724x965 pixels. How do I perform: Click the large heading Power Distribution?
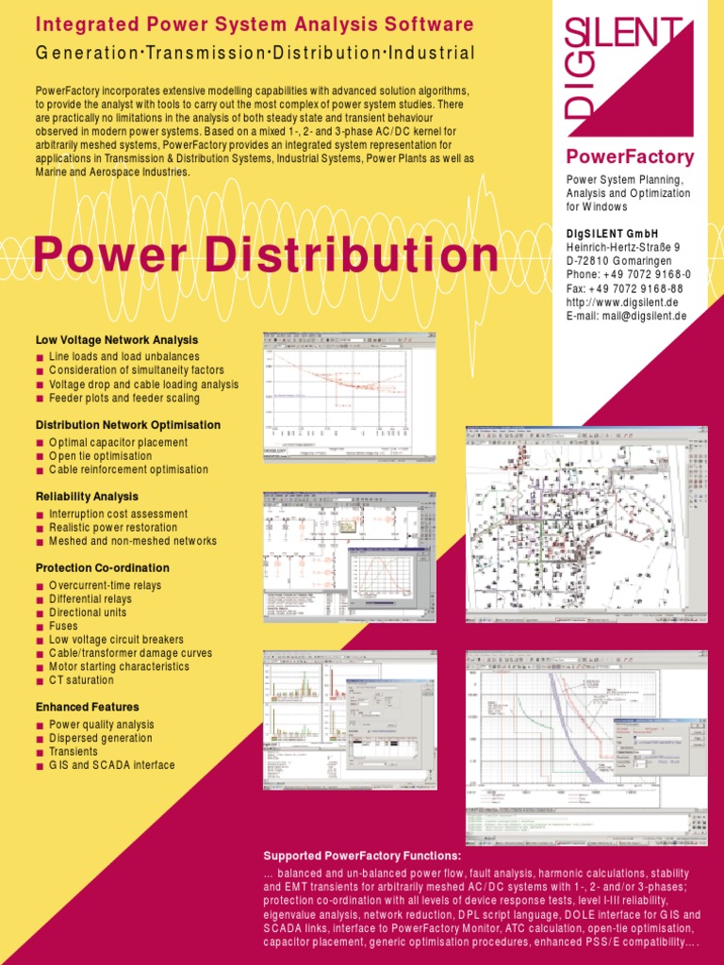(267, 256)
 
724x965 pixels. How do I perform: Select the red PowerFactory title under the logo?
(630, 156)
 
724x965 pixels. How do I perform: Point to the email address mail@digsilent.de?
(626, 316)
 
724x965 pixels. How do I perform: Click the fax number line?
(624, 288)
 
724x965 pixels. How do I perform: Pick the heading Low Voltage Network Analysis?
(117, 339)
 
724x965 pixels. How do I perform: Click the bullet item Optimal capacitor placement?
(118, 442)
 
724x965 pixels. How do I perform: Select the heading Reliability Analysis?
(87, 496)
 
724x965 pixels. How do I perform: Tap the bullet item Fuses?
(64, 626)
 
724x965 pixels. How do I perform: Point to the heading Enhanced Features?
(87, 707)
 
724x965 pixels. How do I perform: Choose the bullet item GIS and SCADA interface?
(111, 765)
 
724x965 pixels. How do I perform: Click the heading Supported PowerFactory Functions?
(362, 856)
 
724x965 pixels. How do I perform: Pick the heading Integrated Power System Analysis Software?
(255, 24)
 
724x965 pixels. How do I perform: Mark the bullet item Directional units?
(88, 613)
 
